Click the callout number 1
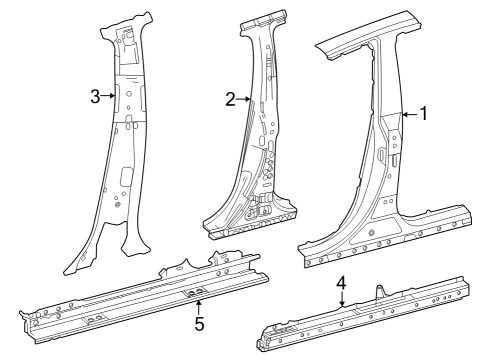[423, 114]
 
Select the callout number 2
[230, 99]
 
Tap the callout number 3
[95, 97]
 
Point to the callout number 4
[341, 283]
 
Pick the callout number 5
[199, 324]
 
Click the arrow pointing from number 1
[411, 115]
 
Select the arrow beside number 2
[243, 99]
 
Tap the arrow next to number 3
[108, 96]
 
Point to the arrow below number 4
[342, 299]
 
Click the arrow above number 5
[199, 307]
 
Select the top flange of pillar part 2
[263, 22]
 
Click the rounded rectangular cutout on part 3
[127, 176]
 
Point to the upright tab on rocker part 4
[380, 291]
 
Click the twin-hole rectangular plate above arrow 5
[196, 293]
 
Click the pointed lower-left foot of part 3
[76, 263]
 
